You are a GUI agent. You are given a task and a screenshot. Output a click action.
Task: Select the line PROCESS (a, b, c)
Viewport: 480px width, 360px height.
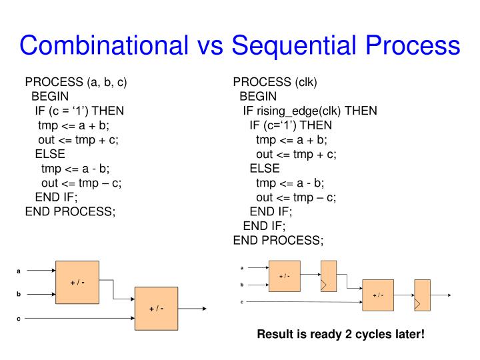pos(76,83)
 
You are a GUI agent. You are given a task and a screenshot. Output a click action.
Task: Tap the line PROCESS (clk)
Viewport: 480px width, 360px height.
pos(275,83)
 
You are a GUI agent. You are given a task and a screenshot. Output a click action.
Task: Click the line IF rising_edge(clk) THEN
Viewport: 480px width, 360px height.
pos(310,111)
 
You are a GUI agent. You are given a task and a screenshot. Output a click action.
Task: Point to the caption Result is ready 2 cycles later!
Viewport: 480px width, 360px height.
pos(341,334)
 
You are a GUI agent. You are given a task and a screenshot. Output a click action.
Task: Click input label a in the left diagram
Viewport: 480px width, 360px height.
pos(19,271)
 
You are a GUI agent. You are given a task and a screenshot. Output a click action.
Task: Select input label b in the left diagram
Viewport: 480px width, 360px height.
pos(19,293)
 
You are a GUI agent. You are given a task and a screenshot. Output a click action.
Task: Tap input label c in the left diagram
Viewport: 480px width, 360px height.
pos(19,319)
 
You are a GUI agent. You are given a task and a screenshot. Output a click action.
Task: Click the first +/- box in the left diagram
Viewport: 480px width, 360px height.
pos(77,283)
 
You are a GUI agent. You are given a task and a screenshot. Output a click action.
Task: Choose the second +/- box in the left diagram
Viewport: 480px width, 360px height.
pos(157,309)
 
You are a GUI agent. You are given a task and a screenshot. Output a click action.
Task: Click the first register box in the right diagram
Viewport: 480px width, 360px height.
pos(328,276)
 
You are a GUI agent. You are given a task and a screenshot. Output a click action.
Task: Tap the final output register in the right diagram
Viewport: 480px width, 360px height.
pos(421,295)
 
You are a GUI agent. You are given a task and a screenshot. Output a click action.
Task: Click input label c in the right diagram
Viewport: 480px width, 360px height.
pos(243,302)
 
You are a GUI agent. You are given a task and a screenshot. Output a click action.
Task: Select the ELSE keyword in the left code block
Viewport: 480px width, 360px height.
pos(50,155)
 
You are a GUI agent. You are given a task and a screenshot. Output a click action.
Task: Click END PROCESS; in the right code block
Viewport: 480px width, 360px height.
pos(277,240)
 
